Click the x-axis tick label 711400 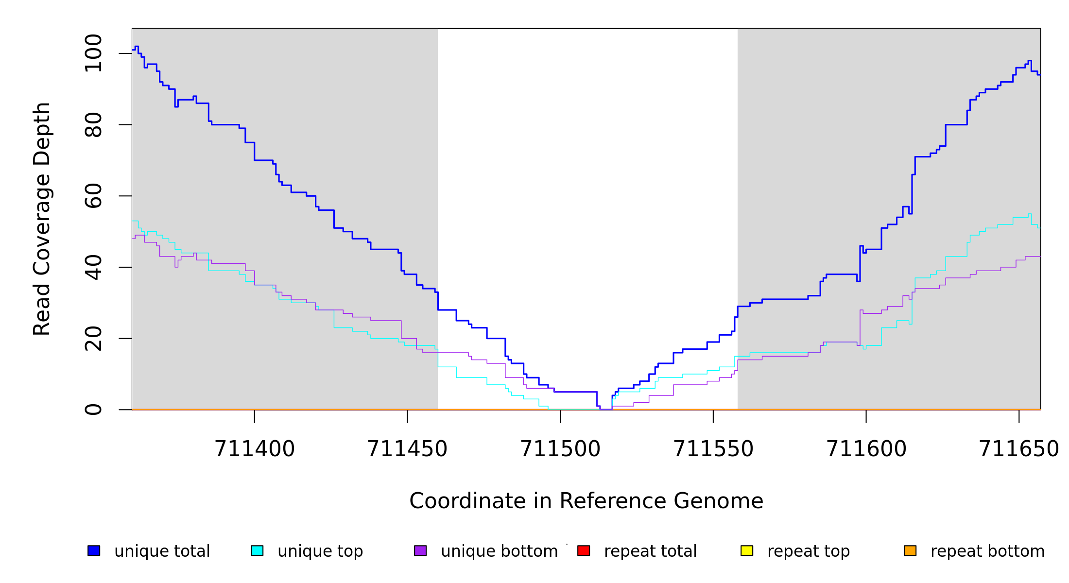coord(255,449)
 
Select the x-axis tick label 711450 coord(407,449)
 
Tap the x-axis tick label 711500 coord(560,449)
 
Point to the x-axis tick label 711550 coord(713,449)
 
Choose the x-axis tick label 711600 coord(866,449)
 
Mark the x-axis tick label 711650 coord(1019,449)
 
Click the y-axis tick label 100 coord(93,53)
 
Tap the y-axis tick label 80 coord(93,125)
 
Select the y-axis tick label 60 coord(93,196)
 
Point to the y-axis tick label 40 coord(93,267)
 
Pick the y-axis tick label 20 coord(93,339)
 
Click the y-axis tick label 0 coord(93,410)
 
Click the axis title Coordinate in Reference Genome coord(586,501)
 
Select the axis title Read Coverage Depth coord(42,219)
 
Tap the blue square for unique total coord(94,550)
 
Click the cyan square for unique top coord(257,550)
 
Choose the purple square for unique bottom coord(420,550)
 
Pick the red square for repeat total coord(584,550)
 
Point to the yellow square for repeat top coord(747,550)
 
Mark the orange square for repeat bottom coord(910,550)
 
